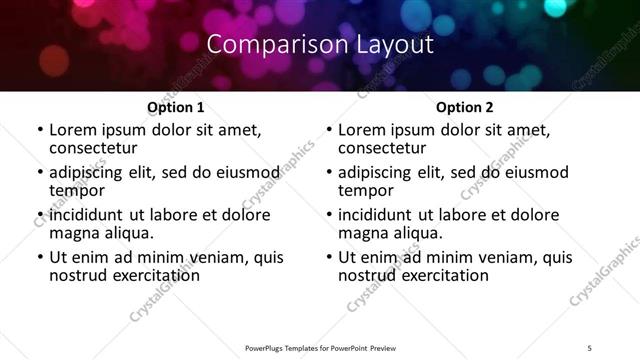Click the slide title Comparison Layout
tap(320, 45)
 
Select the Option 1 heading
tap(175, 106)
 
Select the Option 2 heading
tap(464, 106)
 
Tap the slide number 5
tap(589, 346)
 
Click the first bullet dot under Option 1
tap(39, 130)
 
